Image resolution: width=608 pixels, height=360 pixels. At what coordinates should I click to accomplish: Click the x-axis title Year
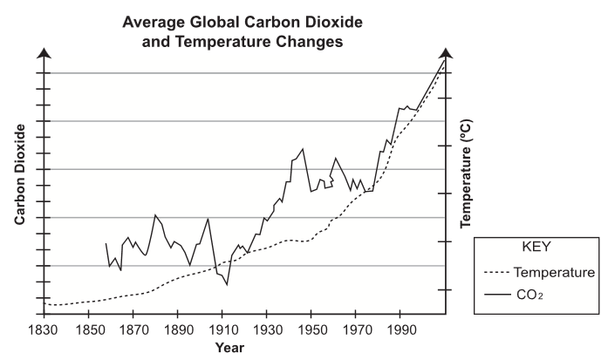coord(231,347)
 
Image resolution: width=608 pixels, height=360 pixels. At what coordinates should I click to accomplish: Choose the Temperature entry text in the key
coord(554,272)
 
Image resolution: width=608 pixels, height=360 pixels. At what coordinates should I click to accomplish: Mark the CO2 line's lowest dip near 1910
coord(227,285)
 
